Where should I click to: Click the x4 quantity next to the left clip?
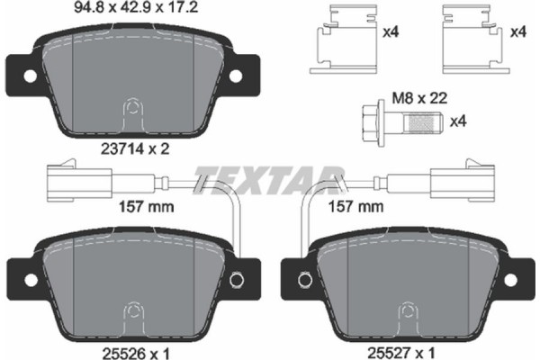click(390, 33)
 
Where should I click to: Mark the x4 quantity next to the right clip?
click(517, 33)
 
